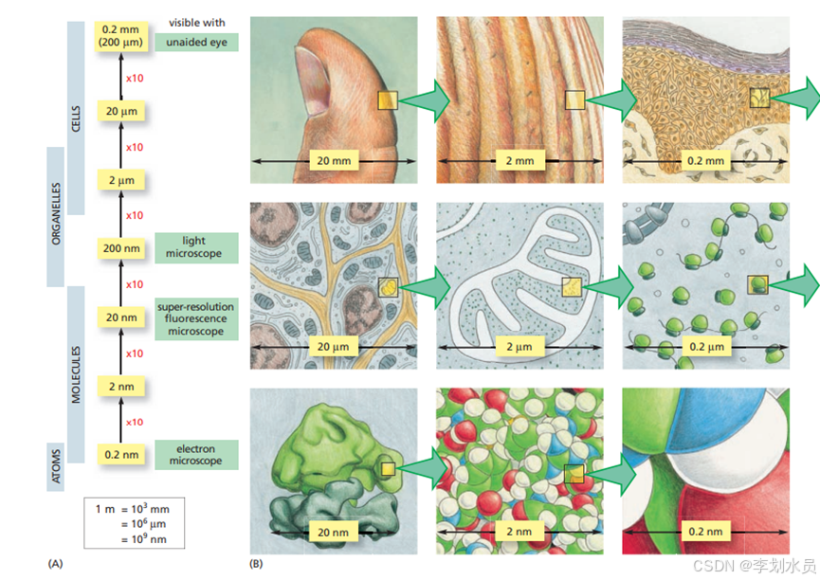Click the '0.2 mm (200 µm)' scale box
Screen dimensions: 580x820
[122, 34]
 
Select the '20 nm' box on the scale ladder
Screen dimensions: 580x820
[122, 317]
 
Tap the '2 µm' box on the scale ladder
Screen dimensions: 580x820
[122, 180]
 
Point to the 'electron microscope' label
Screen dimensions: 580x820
[194, 454]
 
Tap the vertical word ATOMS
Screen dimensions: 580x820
[55, 465]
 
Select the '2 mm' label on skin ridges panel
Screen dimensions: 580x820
[519, 161]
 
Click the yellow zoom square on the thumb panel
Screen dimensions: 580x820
[388, 101]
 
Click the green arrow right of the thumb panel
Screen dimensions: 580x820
[428, 101]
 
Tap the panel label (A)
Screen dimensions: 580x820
[55, 564]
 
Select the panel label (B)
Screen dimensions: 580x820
[255, 564]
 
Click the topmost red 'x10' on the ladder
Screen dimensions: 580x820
[135, 78]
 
